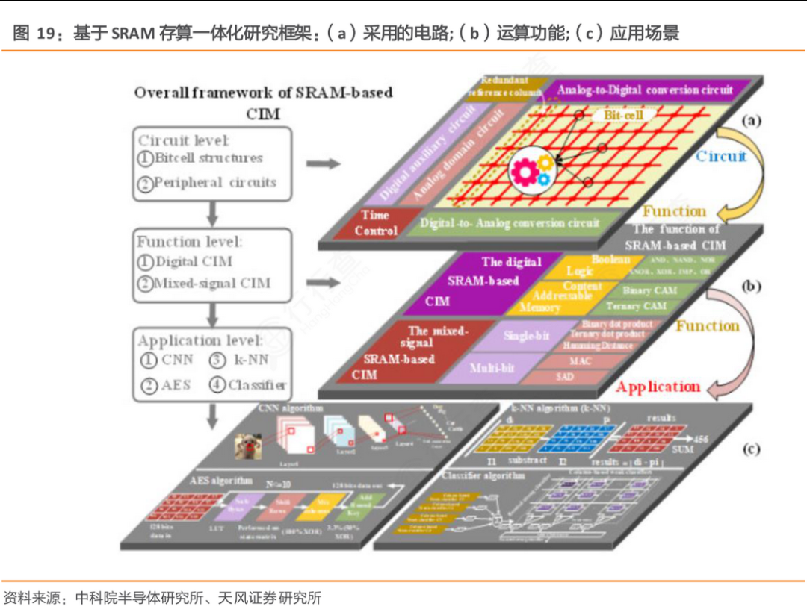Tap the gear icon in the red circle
pos(532,169)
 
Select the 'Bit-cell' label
pos(616,116)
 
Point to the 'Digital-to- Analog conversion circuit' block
pos(510,223)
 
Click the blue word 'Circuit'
pos(720,156)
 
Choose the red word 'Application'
pos(658,387)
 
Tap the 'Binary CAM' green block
pos(649,290)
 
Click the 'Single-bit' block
pos(526,337)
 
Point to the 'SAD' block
pos(566,377)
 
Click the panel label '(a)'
pos(750,119)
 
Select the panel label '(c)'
pos(750,449)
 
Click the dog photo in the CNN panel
pos(249,446)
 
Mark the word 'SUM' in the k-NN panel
pos(682,449)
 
